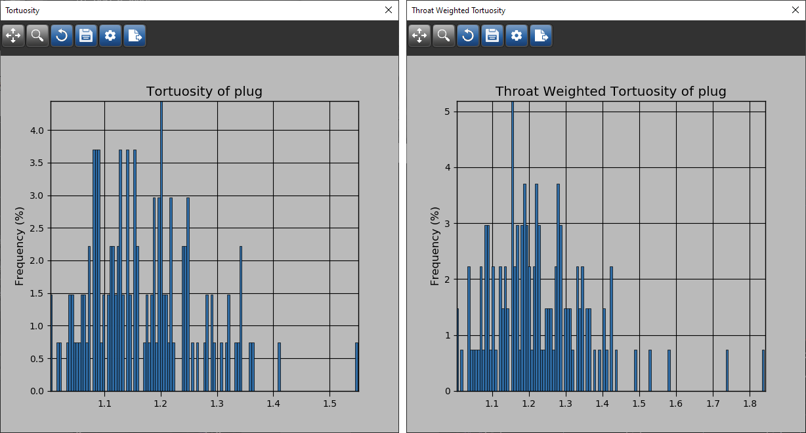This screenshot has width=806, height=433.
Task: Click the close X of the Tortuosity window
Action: point(389,10)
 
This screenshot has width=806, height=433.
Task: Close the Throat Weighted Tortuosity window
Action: point(795,10)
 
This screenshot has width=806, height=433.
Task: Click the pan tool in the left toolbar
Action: point(13,35)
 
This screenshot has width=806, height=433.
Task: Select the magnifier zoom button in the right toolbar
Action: point(444,35)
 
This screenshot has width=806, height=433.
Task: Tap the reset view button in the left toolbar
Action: point(62,35)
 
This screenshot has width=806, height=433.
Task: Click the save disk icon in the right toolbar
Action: point(492,35)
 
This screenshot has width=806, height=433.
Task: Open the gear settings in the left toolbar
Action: point(110,35)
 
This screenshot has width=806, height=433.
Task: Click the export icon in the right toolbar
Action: point(541,35)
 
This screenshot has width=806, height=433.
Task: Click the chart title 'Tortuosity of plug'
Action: point(204,91)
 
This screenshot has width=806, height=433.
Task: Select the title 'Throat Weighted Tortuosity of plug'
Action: point(610,91)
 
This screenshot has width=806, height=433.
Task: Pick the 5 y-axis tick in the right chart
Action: point(446,112)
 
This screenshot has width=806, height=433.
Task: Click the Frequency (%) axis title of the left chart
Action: point(19,246)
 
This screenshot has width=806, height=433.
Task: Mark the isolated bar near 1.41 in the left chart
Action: point(279,367)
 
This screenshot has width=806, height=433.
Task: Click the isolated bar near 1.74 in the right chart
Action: point(727,371)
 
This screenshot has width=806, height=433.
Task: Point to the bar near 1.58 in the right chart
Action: point(669,371)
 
